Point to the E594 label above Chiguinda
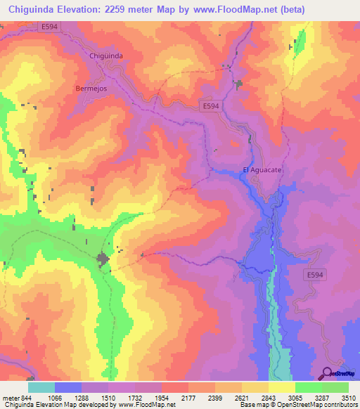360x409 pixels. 49,27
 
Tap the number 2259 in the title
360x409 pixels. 113,8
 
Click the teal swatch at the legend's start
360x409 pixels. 41,387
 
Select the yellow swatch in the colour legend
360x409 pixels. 281,387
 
